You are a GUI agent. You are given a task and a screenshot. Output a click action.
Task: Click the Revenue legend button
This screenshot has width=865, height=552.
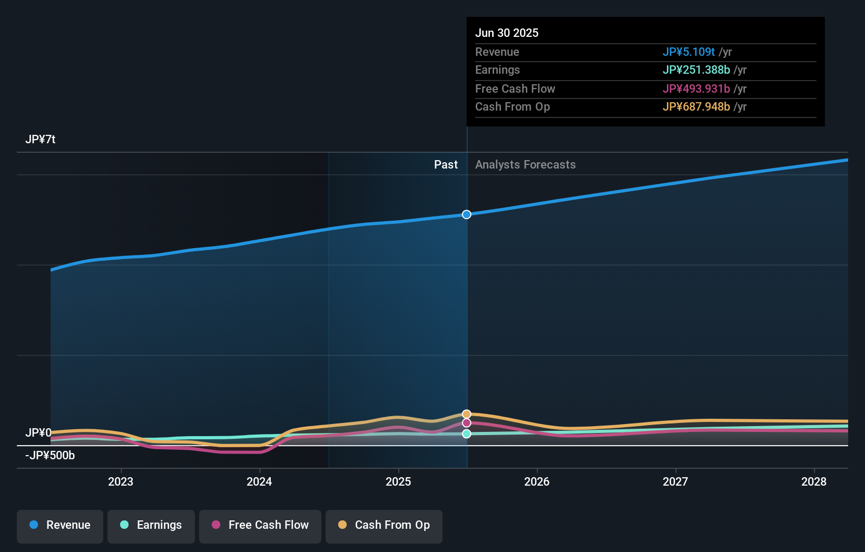pos(60,526)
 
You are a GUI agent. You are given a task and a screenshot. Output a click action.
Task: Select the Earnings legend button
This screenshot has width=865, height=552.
pos(151,526)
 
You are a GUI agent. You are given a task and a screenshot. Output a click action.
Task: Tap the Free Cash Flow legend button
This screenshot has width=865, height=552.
pos(260,526)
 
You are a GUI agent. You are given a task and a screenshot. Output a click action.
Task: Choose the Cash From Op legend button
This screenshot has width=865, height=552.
pos(384,526)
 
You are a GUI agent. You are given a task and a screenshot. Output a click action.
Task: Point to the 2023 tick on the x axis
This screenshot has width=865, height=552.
pos(121,481)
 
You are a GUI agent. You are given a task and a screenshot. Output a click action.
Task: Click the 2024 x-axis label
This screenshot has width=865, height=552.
pos(259,481)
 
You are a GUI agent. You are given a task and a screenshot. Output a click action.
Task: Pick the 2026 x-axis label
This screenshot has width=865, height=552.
pos(537,481)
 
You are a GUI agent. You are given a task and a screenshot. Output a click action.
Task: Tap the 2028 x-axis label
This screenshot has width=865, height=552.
pos(814,481)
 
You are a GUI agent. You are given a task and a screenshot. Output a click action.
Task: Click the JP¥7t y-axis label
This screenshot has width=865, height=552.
pos(41,140)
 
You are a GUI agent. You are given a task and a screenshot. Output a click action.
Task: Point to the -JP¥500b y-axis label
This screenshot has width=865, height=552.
pos(50,456)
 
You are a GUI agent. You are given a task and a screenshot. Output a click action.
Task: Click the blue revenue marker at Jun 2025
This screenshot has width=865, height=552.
pos(467,214)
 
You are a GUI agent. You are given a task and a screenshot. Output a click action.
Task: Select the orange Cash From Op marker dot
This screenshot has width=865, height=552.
pos(467,414)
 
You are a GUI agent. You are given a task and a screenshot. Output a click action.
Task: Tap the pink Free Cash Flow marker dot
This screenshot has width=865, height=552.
pos(467,423)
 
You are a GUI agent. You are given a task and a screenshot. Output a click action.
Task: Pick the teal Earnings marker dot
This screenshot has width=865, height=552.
pos(467,434)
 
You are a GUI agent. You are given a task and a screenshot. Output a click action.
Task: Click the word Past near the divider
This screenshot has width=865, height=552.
pos(446,165)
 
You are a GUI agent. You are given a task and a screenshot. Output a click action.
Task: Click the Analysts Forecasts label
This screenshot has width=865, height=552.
pos(525,165)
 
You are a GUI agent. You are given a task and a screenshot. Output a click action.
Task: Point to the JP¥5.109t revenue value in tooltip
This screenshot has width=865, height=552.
pos(689,52)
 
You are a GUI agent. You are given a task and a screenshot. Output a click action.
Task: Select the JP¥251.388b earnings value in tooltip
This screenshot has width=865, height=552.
pos(696,70)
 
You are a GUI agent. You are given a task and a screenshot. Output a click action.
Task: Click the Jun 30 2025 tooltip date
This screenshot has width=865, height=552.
pos(507,33)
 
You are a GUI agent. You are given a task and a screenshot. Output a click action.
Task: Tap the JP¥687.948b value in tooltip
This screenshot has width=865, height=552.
pos(696,107)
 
